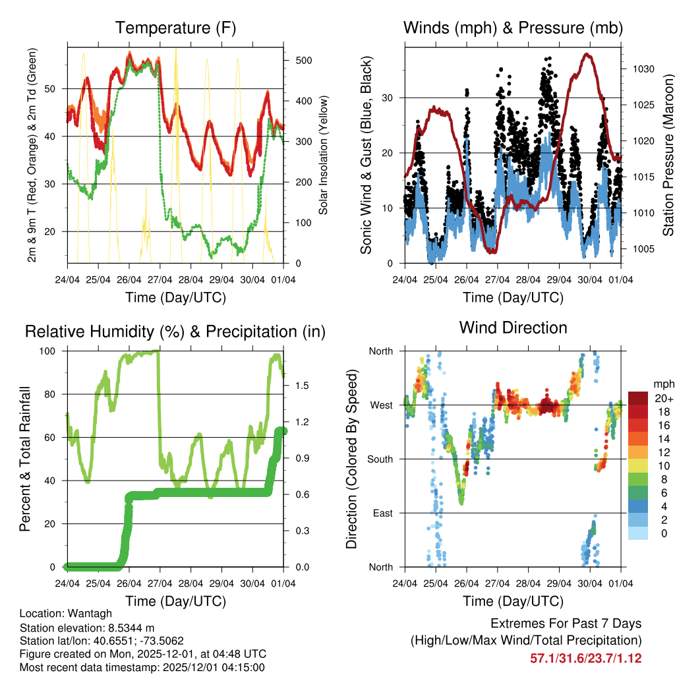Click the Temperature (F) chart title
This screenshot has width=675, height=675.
[x=175, y=28]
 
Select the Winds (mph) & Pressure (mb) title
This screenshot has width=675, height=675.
[x=513, y=28]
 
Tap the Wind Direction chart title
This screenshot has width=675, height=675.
[x=513, y=327]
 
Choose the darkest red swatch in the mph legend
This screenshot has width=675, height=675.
[x=638, y=398]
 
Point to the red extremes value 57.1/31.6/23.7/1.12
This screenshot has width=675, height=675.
[x=585, y=658]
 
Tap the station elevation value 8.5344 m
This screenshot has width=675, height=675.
[x=129, y=628]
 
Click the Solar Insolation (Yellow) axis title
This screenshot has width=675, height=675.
[x=324, y=155]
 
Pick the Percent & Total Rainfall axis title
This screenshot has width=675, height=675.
[x=24, y=459]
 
